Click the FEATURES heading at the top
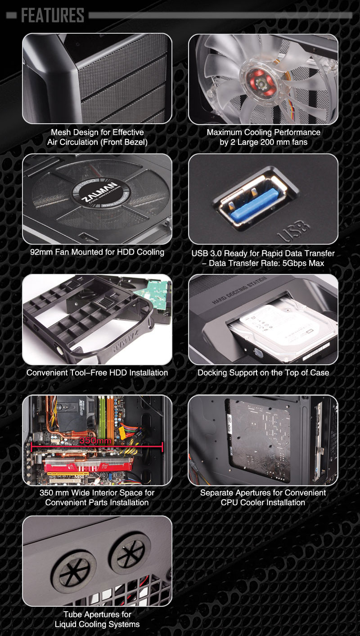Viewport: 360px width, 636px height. pyautogui.click(x=53, y=15)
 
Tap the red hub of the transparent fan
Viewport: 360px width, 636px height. pyautogui.click(x=261, y=83)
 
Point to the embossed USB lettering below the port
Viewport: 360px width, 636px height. pyautogui.click(x=293, y=231)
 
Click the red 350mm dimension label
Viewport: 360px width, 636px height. pyautogui.click(x=95, y=440)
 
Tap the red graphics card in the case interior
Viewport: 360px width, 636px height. pyautogui.click(x=88, y=466)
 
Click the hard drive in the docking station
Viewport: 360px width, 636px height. pyautogui.click(x=284, y=333)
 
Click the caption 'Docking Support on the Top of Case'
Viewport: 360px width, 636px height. pyautogui.click(x=263, y=372)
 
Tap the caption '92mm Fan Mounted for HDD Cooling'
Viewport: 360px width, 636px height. pyautogui.click(x=97, y=252)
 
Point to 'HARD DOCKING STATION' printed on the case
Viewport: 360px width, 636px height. pyautogui.click(x=239, y=290)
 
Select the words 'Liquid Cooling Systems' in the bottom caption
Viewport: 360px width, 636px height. pyautogui.click(x=97, y=624)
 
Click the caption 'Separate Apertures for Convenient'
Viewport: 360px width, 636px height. pyautogui.click(x=263, y=493)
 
